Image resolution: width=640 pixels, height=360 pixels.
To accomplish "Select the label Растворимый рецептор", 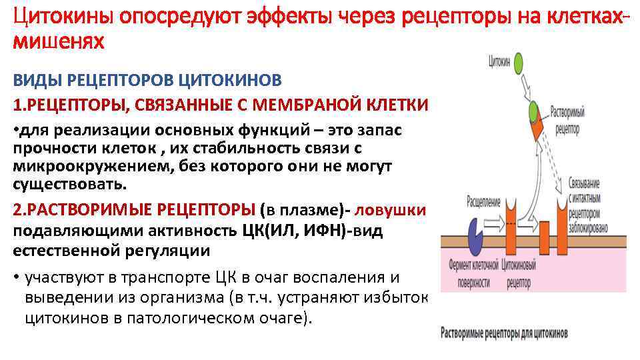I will click(568, 119).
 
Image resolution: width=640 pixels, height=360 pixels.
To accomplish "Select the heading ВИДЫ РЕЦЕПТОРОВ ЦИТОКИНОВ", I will click(147, 81).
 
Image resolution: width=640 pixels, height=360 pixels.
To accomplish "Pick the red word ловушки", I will click(390, 209).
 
